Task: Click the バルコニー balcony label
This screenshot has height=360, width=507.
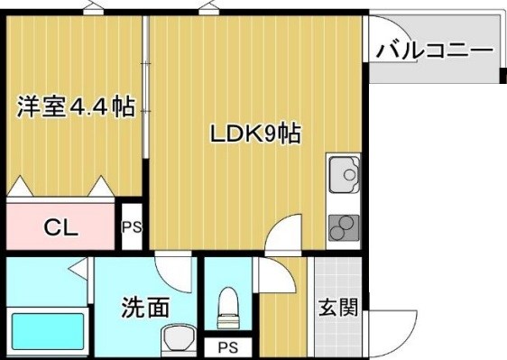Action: (x=435, y=50)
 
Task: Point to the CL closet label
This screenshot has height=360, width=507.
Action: (x=61, y=226)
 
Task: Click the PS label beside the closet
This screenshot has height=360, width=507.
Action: (x=132, y=227)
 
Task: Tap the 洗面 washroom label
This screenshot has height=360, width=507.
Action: (x=145, y=308)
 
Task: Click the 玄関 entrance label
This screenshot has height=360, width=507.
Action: (x=338, y=307)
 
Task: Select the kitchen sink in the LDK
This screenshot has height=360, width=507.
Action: (x=344, y=175)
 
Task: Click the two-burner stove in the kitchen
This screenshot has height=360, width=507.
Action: (x=343, y=228)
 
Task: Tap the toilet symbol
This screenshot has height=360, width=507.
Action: (x=229, y=307)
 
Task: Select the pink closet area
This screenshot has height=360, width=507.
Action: (x=61, y=226)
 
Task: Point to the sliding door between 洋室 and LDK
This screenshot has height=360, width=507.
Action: (x=146, y=99)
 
